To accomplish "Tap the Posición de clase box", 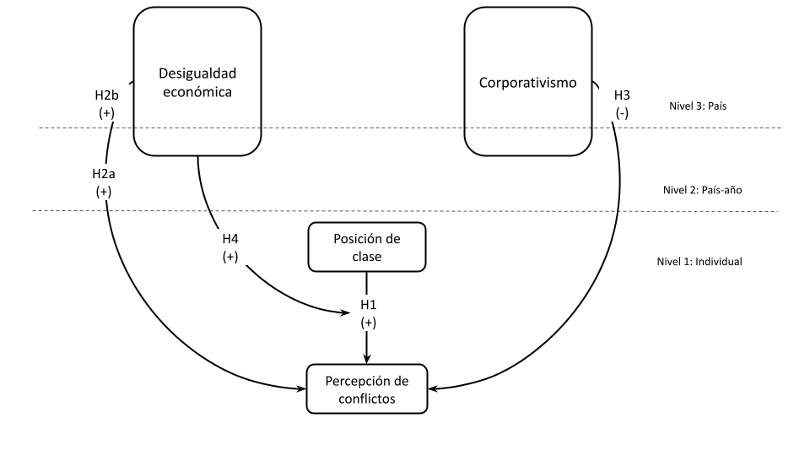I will pyautogui.click(x=366, y=247).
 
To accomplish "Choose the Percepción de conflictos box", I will pyautogui.click(x=366, y=388).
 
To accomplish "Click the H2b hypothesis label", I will pyautogui.click(x=106, y=95).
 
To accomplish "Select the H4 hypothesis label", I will pyautogui.click(x=229, y=240).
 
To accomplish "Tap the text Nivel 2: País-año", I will pyautogui.click(x=702, y=190).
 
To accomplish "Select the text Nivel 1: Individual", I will pyautogui.click(x=699, y=262).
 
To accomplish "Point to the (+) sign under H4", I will pyautogui.click(x=229, y=257).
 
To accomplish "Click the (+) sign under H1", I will pyautogui.click(x=367, y=323).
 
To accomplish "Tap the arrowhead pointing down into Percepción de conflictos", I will pyautogui.click(x=366, y=359).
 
